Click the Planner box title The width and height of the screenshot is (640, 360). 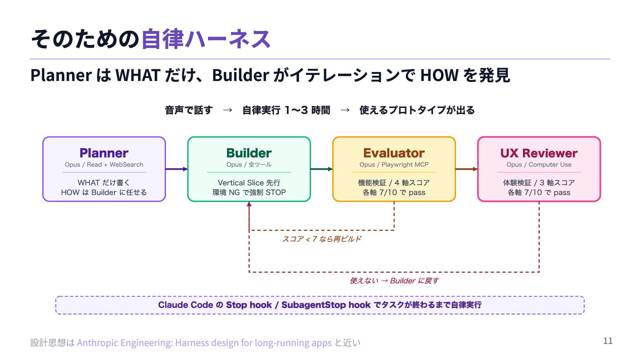(104, 153)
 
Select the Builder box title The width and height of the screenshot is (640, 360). (249, 153)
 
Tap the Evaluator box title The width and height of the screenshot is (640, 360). (394, 153)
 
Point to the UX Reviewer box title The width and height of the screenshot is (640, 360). (539, 153)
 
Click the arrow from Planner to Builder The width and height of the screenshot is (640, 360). (176, 169)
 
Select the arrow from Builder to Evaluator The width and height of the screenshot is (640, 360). (321, 169)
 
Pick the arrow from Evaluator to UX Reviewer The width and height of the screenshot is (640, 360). (466, 169)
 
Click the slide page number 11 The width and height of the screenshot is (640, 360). (608, 341)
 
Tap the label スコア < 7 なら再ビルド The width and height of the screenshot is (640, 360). (322, 239)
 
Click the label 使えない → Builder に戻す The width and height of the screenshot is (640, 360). (394, 281)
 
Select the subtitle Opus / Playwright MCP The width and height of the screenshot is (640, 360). (394, 165)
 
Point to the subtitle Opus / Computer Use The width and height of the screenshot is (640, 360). (539, 165)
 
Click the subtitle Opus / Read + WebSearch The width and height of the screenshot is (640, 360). (104, 165)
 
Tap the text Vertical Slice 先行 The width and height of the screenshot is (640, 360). (249, 183)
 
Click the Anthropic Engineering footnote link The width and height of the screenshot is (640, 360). (204, 343)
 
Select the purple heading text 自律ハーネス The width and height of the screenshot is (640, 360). (206, 39)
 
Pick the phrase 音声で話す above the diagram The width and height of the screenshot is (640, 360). (189, 110)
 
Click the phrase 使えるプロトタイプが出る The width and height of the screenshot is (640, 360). (417, 110)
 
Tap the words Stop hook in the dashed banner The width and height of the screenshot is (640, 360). (249, 305)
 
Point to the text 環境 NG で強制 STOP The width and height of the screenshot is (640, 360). (249, 193)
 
